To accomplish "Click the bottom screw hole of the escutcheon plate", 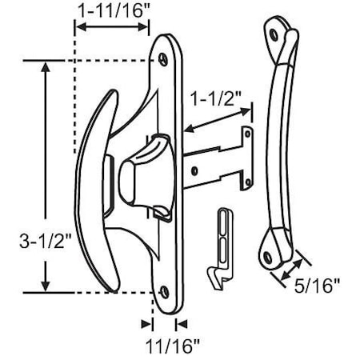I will (x=166, y=292).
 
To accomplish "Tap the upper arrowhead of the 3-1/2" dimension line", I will (x=46, y=66).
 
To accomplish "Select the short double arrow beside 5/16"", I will (x=290, y=268).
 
